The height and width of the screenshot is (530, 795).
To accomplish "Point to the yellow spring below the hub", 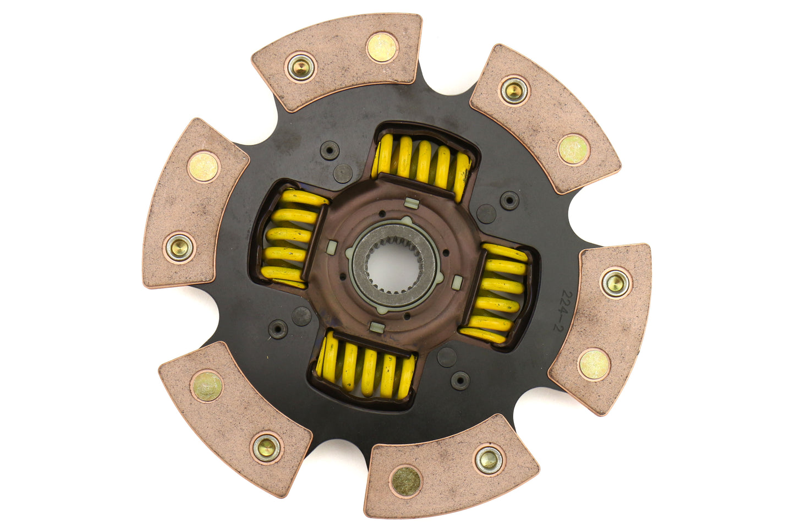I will tap(366, 367).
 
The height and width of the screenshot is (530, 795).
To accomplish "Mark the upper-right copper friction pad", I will tap(545, 118).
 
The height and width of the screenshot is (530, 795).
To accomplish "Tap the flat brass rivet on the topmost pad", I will tap(381, 47).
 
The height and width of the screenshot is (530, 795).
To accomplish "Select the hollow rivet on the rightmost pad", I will tap(615, 283).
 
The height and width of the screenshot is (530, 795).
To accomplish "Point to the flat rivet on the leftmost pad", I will tap(203, 167).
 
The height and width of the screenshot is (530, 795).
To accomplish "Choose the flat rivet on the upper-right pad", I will tap(573, 150).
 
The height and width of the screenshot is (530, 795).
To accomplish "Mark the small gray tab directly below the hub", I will tap(376, 328).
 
